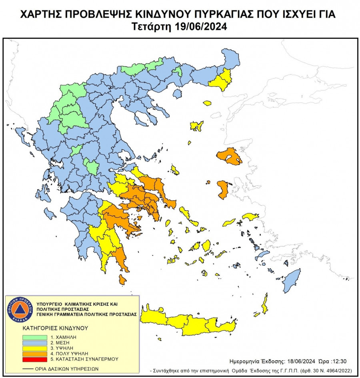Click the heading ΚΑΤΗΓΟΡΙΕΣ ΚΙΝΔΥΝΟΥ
pos(55,328)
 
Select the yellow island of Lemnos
pos(196,126)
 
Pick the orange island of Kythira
pos(122,279)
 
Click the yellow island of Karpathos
pos(264,303)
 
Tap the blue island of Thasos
pos(176,94)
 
